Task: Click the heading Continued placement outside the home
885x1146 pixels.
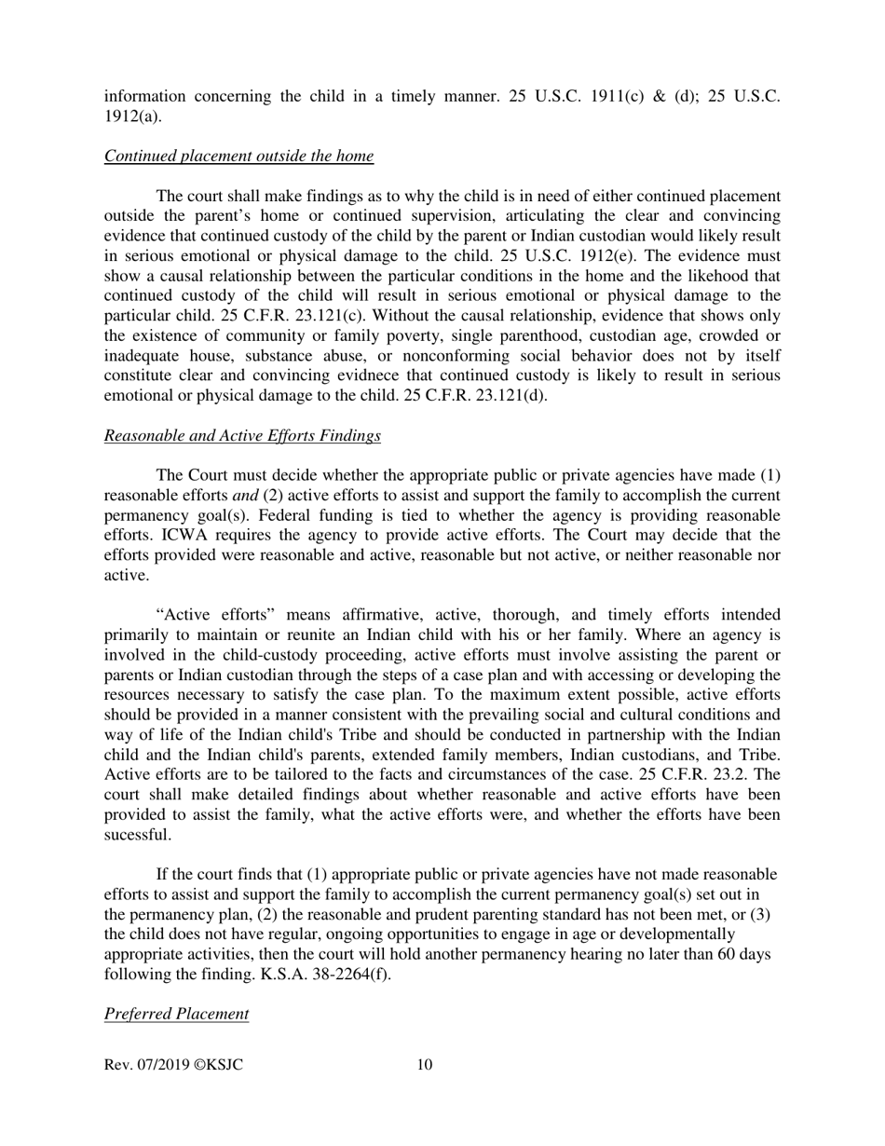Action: [238, 156]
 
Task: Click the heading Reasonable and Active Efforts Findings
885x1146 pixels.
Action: [242, 435]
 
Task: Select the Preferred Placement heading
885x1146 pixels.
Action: [176, 1014]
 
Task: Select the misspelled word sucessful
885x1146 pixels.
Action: [138, 835]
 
